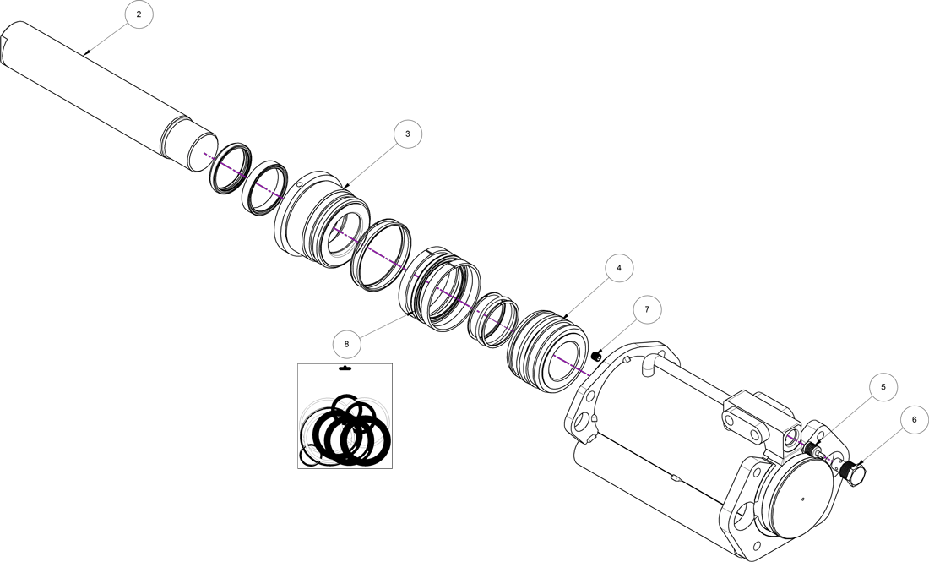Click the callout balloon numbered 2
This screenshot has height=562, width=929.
139,14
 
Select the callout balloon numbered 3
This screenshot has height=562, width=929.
408,134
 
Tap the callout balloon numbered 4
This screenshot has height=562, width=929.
619,268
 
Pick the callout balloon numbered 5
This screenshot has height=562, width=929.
883,387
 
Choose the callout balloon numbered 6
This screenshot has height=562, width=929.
914,420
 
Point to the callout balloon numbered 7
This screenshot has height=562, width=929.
647,309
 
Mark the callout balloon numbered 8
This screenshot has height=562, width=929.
346,344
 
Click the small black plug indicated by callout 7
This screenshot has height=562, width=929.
596,357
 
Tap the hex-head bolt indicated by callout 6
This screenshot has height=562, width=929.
854,472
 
